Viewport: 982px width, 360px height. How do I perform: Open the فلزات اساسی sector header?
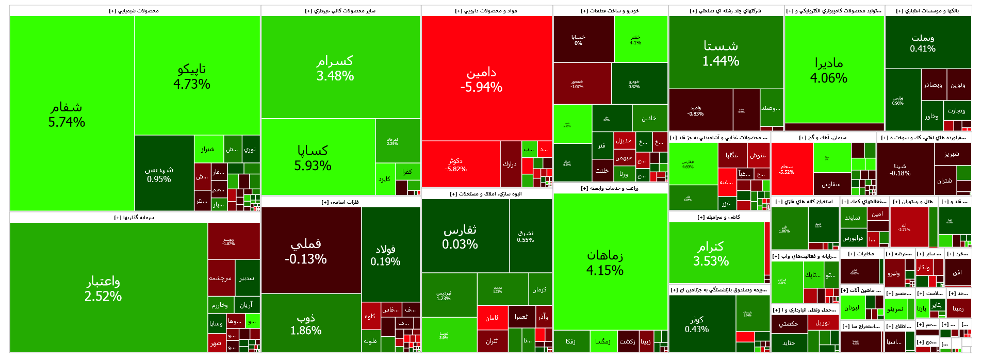340,202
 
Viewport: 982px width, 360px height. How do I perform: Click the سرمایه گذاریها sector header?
134,218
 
